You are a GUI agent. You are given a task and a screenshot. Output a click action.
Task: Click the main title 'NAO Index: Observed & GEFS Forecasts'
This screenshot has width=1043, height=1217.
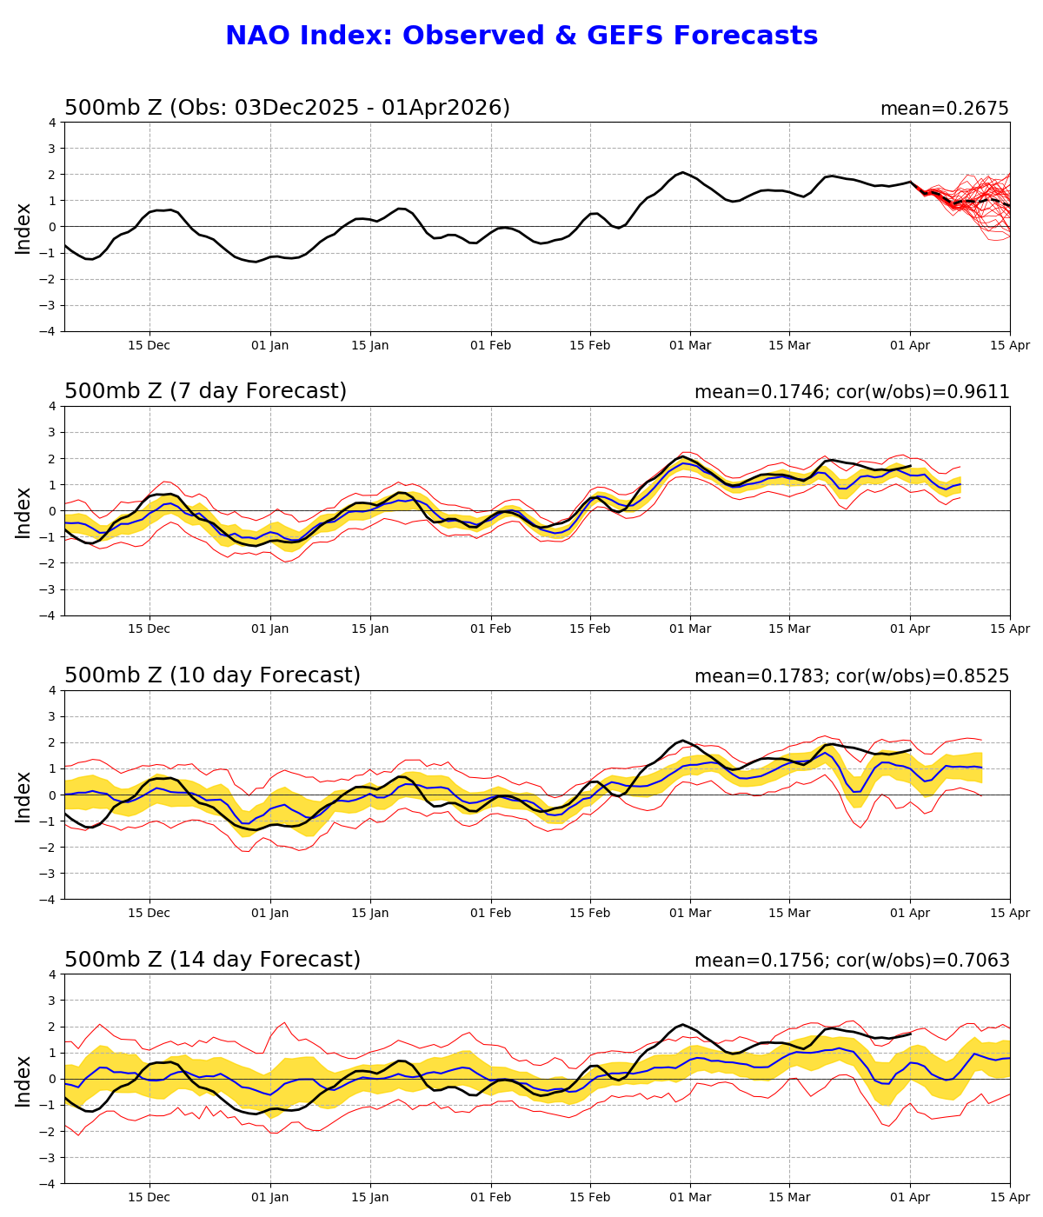(521, 37)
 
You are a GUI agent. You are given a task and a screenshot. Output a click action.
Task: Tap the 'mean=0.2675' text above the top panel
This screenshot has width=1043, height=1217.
(944, 110)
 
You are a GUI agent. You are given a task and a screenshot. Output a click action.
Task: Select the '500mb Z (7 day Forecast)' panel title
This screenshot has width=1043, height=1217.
(205, 392)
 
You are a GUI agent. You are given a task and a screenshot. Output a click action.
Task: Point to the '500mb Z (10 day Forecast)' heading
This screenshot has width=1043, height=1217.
(212, 676)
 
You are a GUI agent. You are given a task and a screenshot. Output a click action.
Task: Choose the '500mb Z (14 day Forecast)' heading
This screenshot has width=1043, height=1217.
(212, 961)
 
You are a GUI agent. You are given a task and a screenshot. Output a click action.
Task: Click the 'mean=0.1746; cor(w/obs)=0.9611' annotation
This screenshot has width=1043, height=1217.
(852, 393)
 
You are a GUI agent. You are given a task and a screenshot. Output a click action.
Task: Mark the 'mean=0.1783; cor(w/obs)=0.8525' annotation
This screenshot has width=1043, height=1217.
(852, 677)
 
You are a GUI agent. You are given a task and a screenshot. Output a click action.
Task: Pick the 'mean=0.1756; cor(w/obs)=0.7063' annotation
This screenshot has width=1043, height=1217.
(852, 961)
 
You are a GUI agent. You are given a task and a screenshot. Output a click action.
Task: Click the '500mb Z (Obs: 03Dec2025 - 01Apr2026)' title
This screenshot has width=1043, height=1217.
(287, 109)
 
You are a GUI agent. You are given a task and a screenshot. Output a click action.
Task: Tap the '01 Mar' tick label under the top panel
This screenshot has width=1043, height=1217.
(690, 346)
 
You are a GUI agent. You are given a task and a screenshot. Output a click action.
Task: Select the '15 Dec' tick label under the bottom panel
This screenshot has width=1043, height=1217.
(149, 1198)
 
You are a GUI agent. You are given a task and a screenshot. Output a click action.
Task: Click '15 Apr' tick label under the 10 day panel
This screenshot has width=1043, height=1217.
(1010, 914)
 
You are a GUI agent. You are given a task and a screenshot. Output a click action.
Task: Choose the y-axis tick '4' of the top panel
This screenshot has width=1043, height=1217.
(53, 123)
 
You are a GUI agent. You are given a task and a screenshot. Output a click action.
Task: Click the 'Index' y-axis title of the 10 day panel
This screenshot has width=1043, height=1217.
(23, 795)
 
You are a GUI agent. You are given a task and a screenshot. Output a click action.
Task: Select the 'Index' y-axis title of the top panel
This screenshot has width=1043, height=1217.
(23, 228)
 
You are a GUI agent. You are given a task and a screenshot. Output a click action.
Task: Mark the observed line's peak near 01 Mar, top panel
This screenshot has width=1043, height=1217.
(683, 173)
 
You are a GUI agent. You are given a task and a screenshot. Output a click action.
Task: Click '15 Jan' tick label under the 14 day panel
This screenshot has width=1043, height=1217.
(370, 1198)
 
